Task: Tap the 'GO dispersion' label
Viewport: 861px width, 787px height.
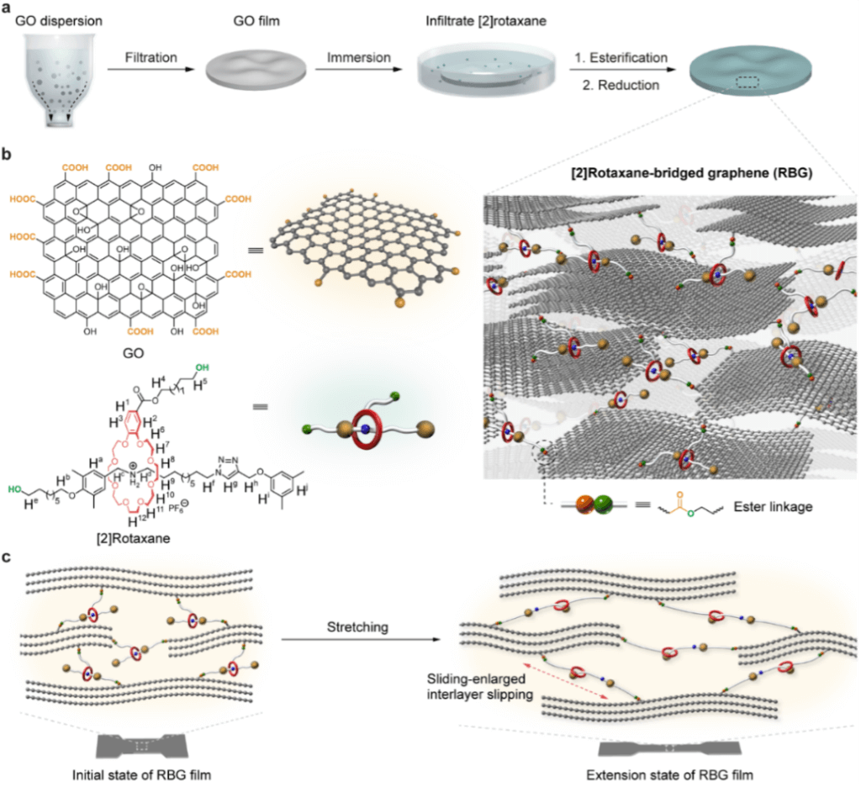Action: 52,19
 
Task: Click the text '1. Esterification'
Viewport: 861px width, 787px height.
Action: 620,58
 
